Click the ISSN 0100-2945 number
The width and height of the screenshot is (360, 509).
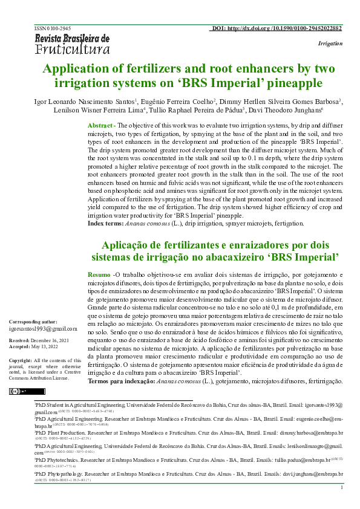pos(54,28)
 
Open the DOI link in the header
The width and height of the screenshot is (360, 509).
pos(277,28)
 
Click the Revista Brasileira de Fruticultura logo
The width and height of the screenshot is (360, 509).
pos(72,44)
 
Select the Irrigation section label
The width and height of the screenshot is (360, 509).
pos(330,44)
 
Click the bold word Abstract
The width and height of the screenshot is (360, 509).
pos(100,125)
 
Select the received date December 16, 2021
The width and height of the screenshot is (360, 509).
pos(57,341)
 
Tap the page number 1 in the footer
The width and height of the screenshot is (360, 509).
pos(342,487)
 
